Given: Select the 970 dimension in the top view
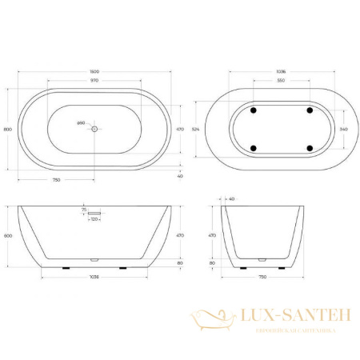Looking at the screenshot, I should tap(95, 81).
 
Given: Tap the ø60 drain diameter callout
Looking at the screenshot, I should tap(81, 122).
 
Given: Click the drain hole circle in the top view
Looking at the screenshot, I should tap(95, 128).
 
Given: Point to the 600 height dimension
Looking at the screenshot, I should tap(8, 236).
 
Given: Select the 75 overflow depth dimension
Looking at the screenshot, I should tap(83, 210).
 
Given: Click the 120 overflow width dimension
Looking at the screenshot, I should tap(94, 218).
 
